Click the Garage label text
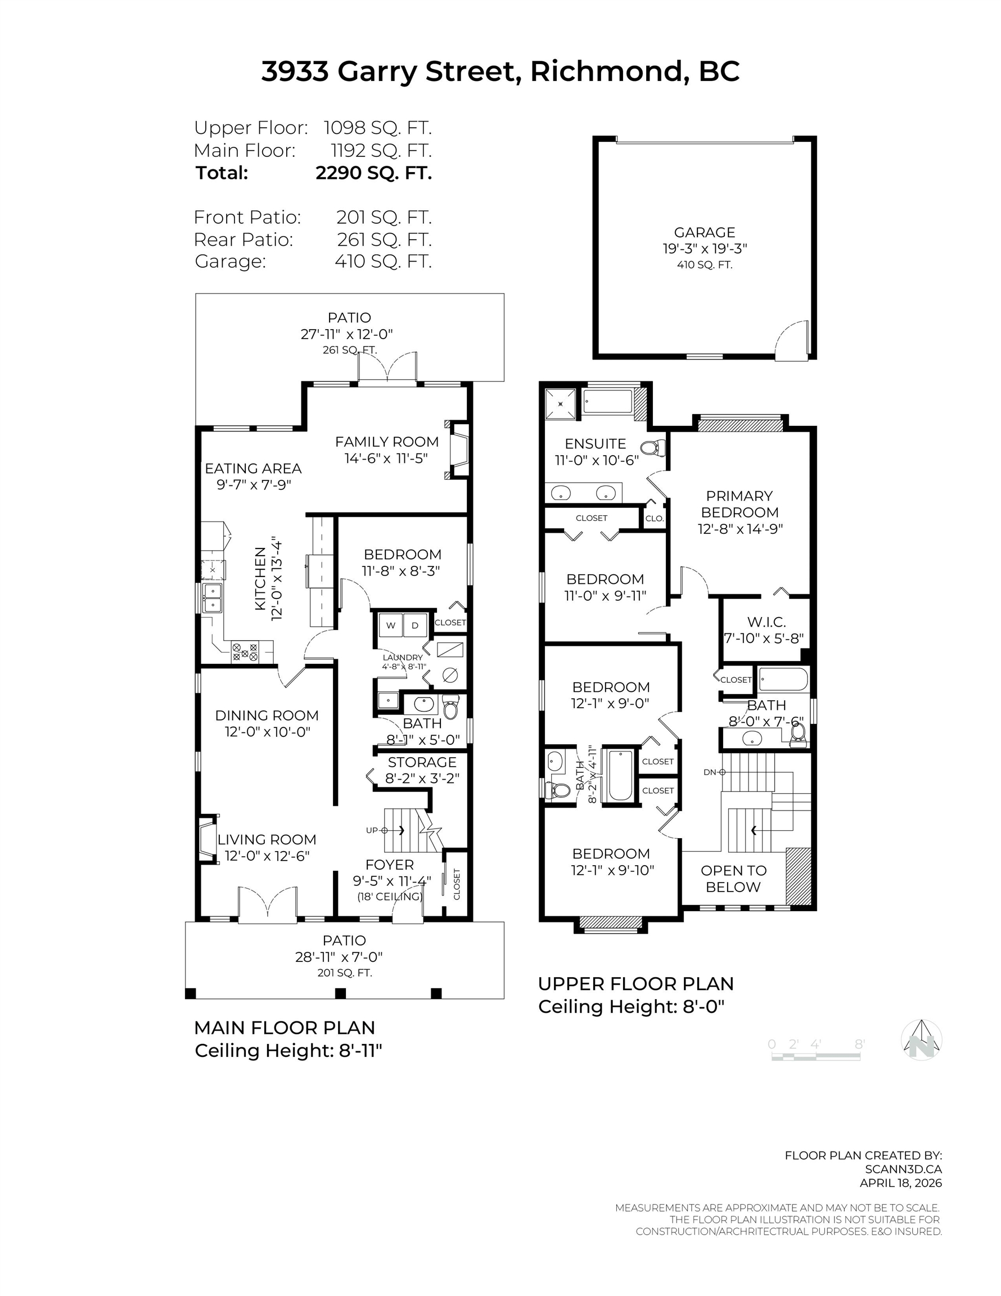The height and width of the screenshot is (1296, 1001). coord(704,233)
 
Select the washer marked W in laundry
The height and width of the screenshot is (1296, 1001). coord(390,625)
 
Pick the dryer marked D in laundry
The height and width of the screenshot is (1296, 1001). coord(415,625)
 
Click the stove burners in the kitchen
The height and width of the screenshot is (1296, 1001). coord(245,652)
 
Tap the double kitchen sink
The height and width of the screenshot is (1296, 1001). coord(211,597)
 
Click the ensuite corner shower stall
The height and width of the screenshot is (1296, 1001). coord(561,403)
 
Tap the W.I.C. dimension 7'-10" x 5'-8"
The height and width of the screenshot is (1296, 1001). coord(764,638)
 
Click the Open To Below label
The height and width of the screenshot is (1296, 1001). coord(733,878)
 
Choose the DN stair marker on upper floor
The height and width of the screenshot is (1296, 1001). coord(714,772)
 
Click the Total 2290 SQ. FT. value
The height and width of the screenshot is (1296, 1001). coord(373,173)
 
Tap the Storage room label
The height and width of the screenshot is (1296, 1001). coord(422,762)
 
